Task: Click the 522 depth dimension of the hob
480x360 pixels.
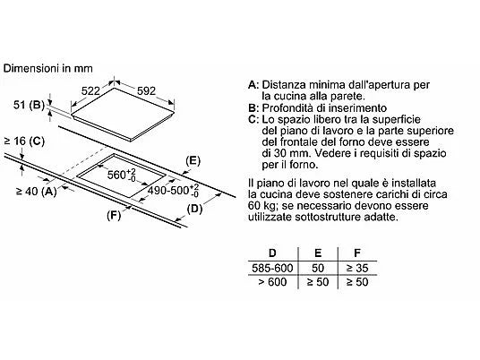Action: (90, 91)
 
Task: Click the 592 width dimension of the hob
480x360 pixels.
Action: (146, 91)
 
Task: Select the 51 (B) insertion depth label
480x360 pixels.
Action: (29, 105)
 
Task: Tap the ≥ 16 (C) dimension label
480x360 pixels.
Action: (24, 141)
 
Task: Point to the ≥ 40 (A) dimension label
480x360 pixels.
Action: (37, 192)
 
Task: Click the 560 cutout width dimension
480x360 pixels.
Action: (122, 176)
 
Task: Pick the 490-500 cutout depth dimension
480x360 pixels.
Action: (173, 191)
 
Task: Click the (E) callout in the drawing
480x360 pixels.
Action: (193, 161)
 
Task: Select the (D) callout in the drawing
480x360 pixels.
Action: (194, 209)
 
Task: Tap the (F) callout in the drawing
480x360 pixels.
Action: (114, 216)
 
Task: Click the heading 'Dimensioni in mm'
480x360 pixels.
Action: (47, 68)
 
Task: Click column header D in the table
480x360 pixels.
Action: (272, 253)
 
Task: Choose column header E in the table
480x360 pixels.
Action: (318, 253)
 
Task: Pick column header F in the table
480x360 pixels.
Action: (357, 253)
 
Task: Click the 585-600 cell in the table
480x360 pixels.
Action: (272, 268)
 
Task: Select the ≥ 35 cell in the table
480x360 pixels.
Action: (357, 268)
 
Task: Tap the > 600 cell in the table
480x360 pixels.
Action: (272, 282)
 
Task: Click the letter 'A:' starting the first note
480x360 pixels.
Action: (253, 85)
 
